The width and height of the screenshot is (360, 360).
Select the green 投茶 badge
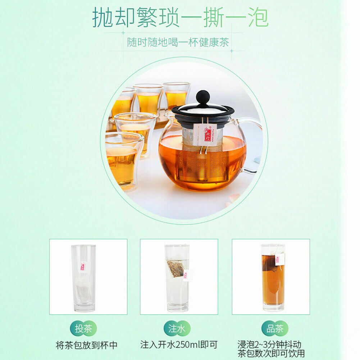point(83,328)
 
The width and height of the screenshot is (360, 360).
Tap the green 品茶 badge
point(275,328)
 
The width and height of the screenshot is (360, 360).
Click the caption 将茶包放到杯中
point(87,345)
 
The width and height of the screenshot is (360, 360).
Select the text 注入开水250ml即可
point(179,345)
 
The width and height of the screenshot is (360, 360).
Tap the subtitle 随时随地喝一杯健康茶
point(178,42)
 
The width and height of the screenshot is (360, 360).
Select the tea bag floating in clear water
point(176,268)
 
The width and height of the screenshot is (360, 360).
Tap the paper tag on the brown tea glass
point(279,259)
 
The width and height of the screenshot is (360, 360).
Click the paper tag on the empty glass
point(83,267)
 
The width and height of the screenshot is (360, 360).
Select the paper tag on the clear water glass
point(186,275)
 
